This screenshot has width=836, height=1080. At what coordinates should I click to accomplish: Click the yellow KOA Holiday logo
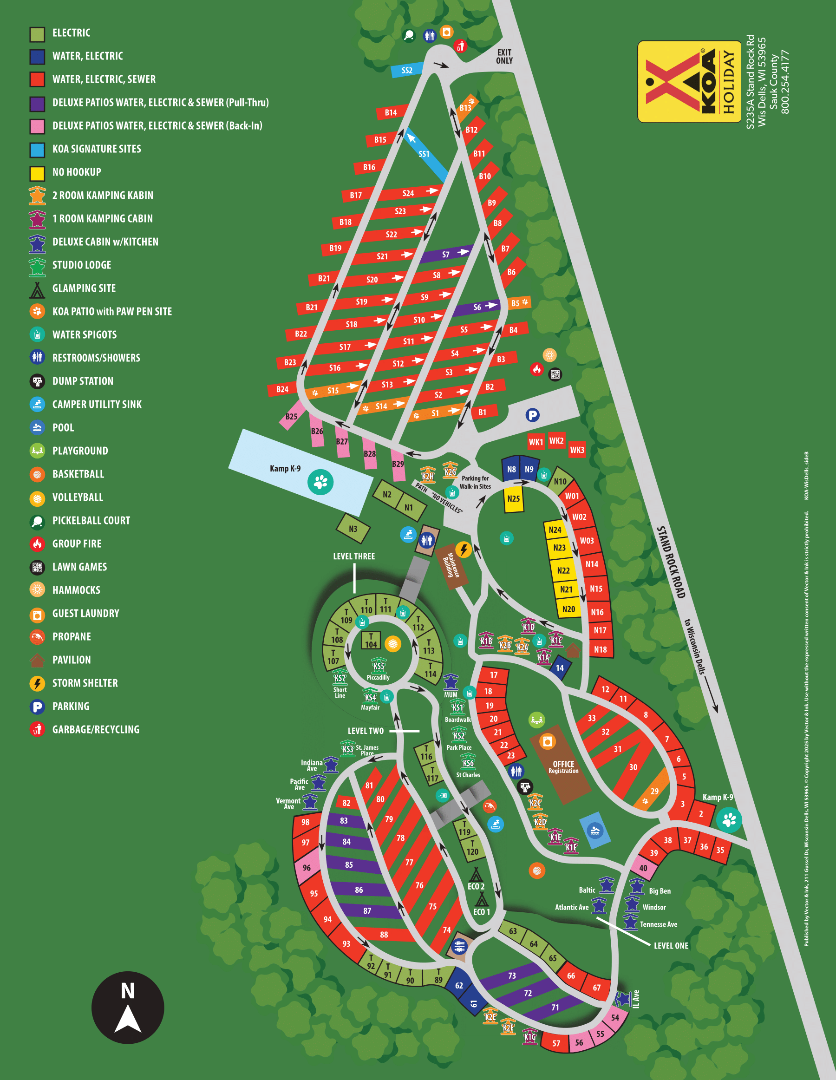[689, 82]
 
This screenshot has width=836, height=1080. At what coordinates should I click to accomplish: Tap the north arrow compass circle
[128, 1008]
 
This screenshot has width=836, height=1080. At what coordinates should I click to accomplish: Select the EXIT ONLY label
[504, 56]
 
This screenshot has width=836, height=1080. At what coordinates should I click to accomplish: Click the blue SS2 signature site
[407, 70]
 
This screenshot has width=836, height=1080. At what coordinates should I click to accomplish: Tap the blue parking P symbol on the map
[532, 415]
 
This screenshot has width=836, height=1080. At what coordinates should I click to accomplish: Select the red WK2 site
[556, 441]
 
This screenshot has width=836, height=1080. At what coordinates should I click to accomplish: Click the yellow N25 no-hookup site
[514, 498]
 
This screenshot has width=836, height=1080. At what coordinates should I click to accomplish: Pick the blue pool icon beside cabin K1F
[595, 830]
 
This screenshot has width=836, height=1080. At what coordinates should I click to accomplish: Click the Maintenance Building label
[452, 565]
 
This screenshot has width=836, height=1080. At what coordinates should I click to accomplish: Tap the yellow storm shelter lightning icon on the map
[463, 549]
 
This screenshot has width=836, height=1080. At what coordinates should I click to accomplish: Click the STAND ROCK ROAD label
[670, 562]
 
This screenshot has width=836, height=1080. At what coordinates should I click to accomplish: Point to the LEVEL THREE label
[354, 556]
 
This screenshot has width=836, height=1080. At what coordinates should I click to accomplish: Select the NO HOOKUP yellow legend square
[37, 174]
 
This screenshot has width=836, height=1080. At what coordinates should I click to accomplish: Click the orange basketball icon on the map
[537, 871]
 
